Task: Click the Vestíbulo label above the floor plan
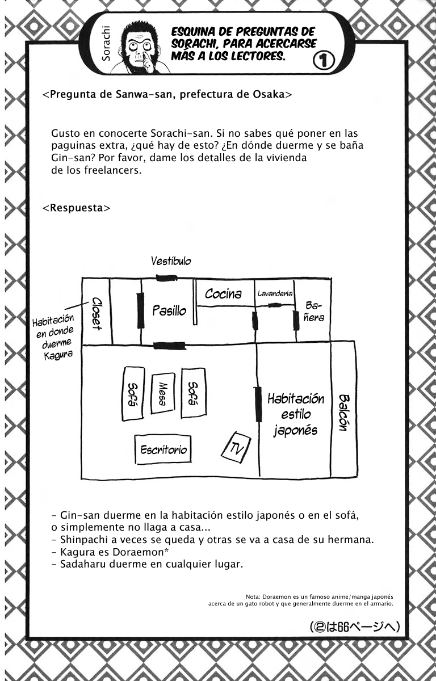click(171, 261)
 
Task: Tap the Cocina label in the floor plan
click(223, 294)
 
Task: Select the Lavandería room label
click(275, 293)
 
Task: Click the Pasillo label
click(169, 311)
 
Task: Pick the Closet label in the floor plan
click(97, 313)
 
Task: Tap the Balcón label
click(344, 413)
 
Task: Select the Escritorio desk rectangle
click(163, 449)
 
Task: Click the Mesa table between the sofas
click(163, 394)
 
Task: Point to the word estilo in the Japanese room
click(292, 414)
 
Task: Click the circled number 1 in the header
click(324, 61)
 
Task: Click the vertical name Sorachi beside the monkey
click(106, 43)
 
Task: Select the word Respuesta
click(77, 208)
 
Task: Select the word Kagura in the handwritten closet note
click(58, 355)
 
